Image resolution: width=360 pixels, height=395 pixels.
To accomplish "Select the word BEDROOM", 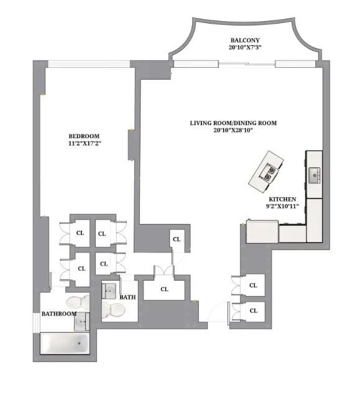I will point(83,136).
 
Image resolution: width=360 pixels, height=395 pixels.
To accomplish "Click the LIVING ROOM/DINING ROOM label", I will point(233,123).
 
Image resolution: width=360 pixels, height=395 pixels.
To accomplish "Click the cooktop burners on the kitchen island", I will point(269,174).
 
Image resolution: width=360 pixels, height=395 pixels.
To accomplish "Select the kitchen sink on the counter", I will point(314,174).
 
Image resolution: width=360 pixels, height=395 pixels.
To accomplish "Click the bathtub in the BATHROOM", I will point(65,343).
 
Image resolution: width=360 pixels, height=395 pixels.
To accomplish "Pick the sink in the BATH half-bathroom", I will point(109,290).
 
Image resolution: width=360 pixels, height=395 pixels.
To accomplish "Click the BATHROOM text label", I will point(59,314).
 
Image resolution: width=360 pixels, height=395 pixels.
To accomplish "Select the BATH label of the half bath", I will point(127,297).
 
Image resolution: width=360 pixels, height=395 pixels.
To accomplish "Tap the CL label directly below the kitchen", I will point(252,285).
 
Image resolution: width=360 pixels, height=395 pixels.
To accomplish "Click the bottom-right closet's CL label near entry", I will point(252,310).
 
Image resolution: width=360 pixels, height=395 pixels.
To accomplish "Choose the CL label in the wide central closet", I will point(164,289).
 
